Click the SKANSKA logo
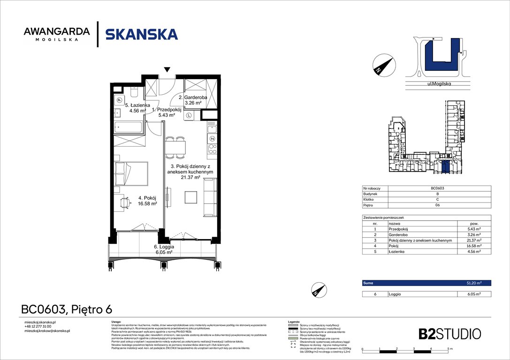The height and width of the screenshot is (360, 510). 141,34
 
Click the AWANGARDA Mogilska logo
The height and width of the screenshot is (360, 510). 56,34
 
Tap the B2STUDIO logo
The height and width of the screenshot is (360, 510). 449,334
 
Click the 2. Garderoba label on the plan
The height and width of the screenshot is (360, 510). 190,100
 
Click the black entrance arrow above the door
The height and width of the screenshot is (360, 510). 167,70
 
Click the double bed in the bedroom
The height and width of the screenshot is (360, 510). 131,173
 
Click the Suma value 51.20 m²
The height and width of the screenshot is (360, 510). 474,283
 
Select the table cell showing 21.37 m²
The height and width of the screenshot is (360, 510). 474,240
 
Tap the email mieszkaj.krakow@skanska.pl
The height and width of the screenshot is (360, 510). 47,331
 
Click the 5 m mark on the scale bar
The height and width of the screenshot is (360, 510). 449,349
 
